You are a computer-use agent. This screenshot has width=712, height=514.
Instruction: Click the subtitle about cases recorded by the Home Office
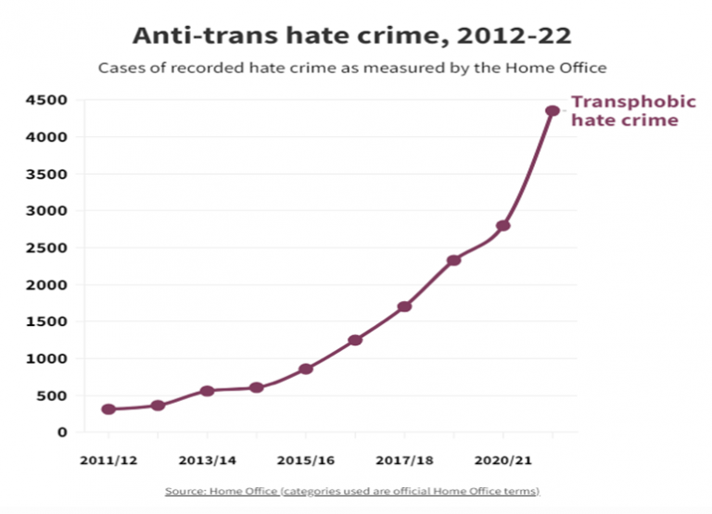pos(352,69)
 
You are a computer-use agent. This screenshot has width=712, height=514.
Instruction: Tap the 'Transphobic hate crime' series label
pos(618,111)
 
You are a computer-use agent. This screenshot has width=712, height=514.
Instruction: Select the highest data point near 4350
pos(553,111)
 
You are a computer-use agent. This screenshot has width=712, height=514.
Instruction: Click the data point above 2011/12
pos(108,409)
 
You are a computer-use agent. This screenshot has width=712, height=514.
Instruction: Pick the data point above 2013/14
pos(207,391)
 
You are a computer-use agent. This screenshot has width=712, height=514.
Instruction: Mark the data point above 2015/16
pos(306,369)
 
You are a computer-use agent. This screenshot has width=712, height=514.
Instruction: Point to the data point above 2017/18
pos(404,307)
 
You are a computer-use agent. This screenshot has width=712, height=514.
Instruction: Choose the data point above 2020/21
pos(503,225)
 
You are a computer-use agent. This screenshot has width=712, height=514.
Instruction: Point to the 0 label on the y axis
pos(62,433)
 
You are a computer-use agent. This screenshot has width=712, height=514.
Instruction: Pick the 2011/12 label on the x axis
pos(108,458)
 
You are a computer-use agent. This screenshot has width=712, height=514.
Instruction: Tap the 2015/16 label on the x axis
pos(306,458)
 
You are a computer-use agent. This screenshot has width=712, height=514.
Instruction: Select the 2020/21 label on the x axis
pos(503,458)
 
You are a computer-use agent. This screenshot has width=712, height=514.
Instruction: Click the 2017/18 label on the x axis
pos(404,458)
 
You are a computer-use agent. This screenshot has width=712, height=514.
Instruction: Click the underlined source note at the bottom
pos(352,490)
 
